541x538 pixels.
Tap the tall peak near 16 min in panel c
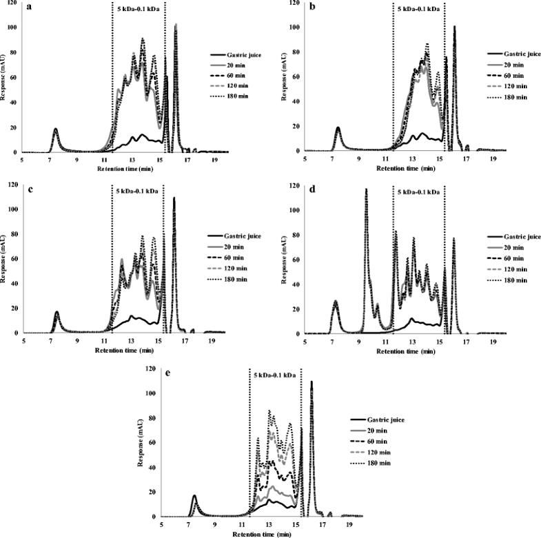[x=174, y=199]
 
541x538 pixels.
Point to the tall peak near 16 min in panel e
[x=312, y=382]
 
